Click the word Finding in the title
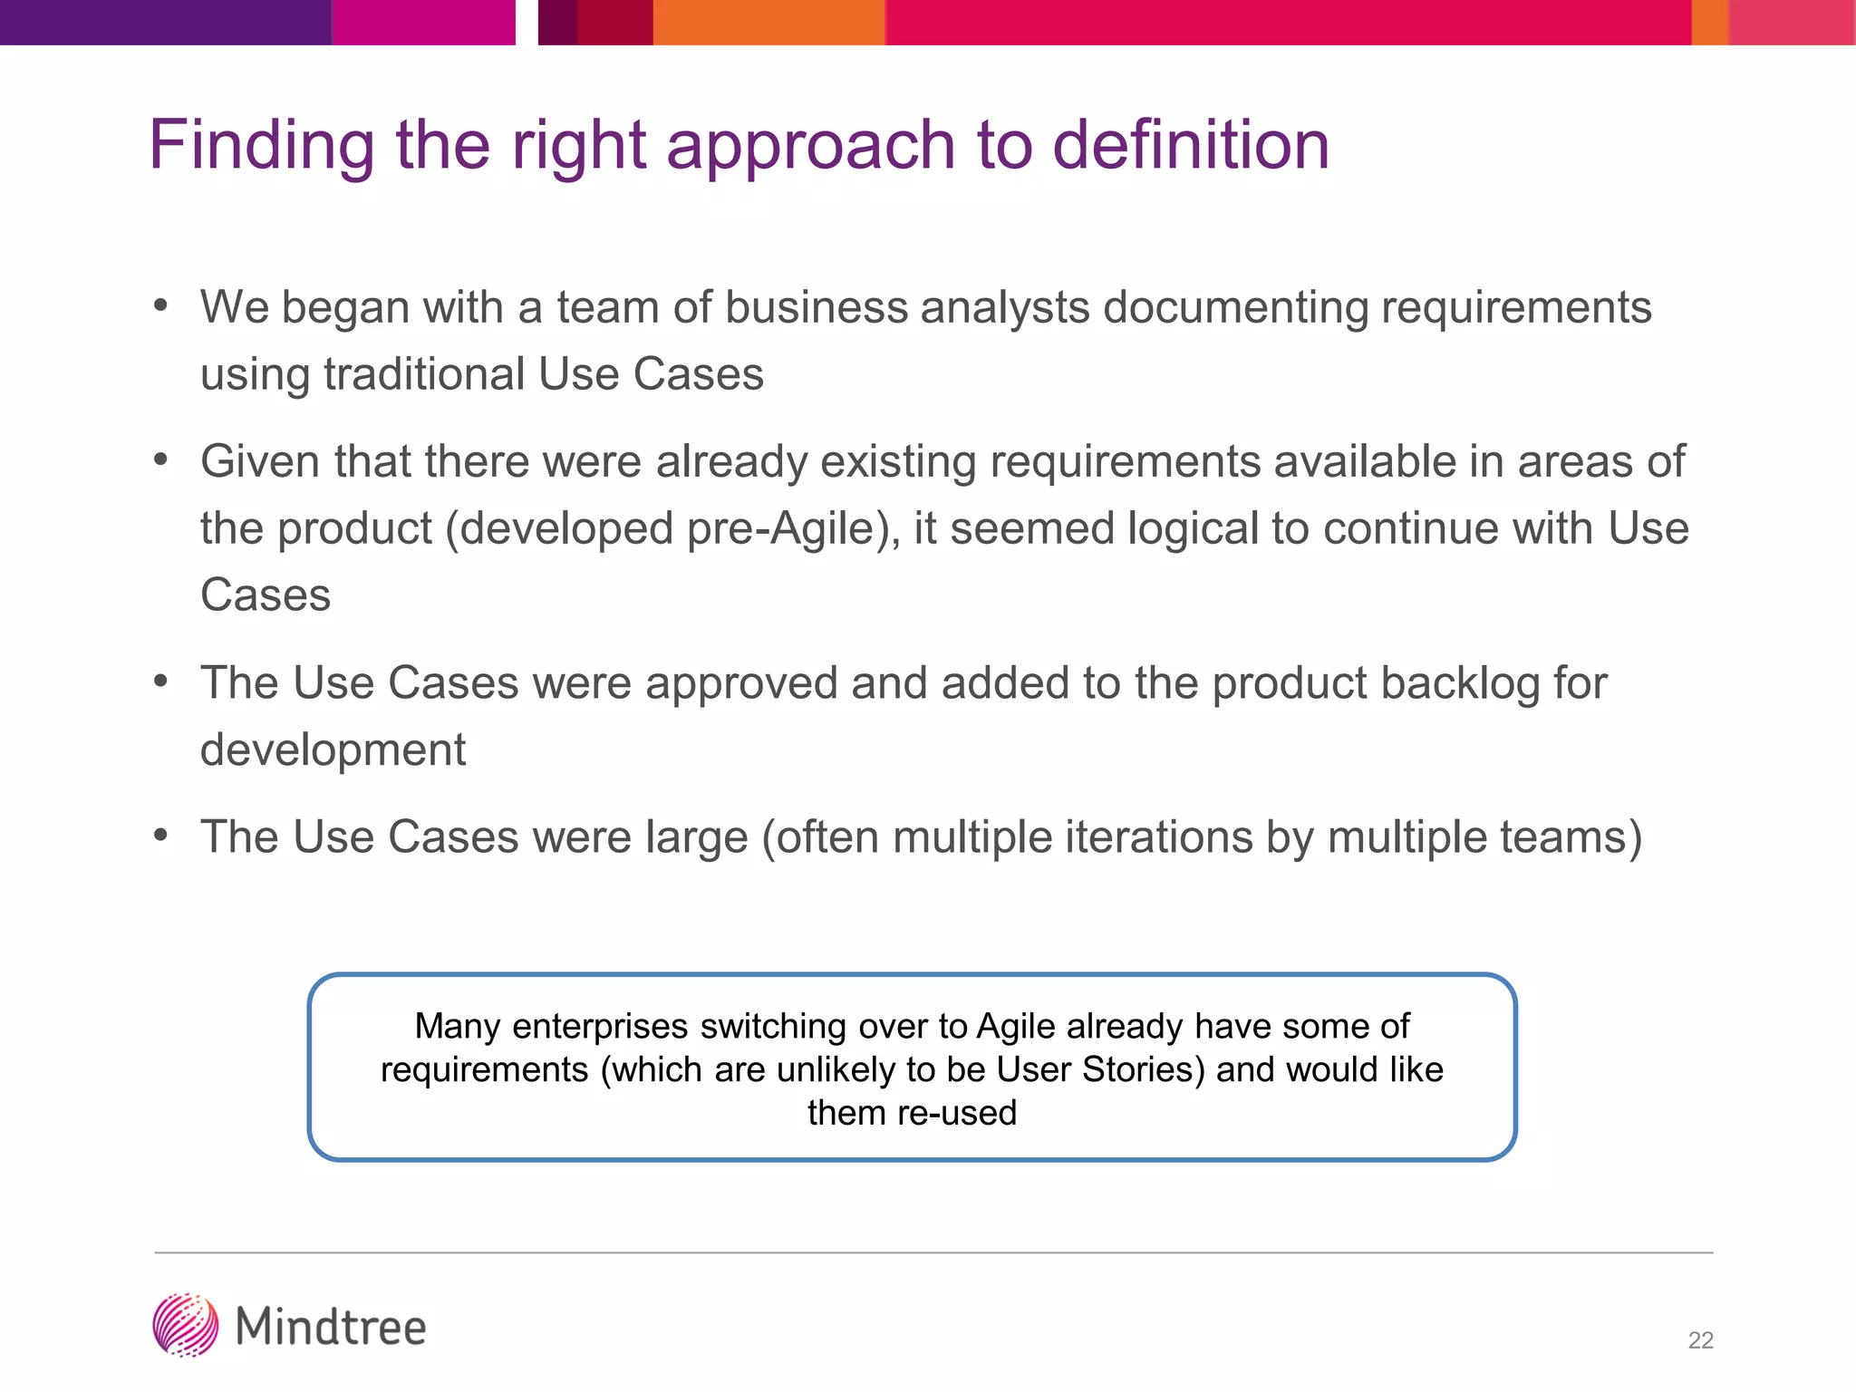tap(261, 146)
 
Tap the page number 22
tap(1700, 1340)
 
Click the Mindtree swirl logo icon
tap(186, 1325)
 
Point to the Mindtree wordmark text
tap(331, 1328)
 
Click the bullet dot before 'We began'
tap(161, 306)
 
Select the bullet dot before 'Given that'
tap(161, 460)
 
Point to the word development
tap(333, 750)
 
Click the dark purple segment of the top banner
tap(165, 22)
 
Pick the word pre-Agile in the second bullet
tap(788, 528)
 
